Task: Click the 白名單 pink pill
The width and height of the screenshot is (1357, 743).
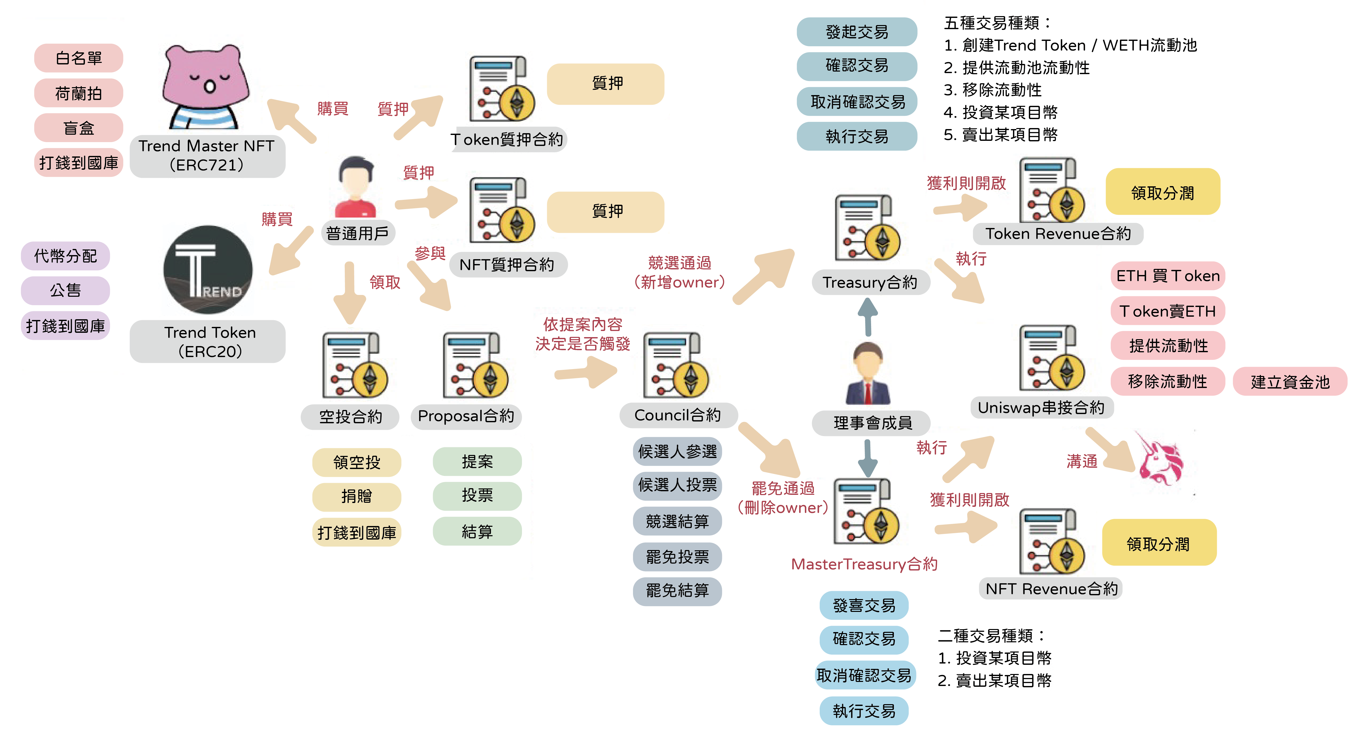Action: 79,58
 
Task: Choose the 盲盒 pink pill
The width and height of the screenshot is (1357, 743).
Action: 79,128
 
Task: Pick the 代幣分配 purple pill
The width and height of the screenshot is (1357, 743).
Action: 65,256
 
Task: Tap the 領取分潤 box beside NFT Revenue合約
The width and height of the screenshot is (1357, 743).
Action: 1158,543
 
